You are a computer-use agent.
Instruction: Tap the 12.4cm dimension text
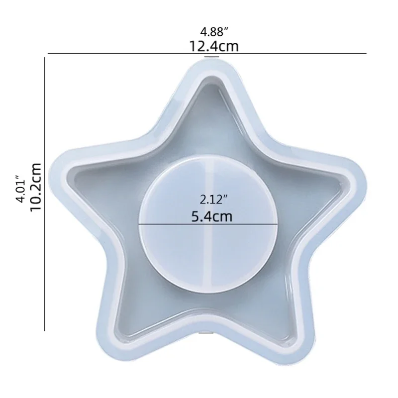[212, 46]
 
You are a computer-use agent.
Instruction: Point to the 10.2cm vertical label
[35, 188]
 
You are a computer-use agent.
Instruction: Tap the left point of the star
[62, 167]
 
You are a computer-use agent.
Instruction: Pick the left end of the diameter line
[139, 224]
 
